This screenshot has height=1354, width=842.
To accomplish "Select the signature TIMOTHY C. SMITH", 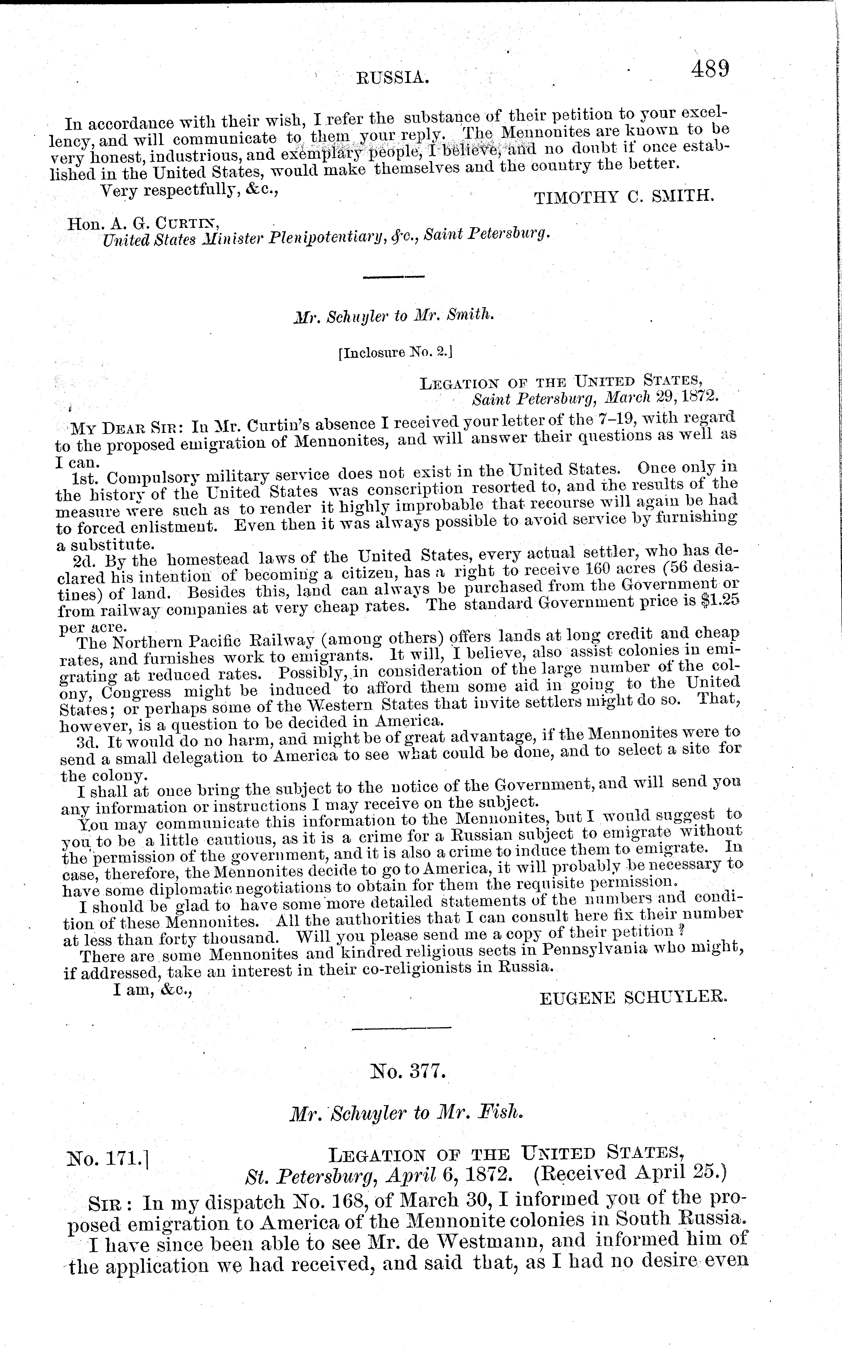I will tap(624, 196).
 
